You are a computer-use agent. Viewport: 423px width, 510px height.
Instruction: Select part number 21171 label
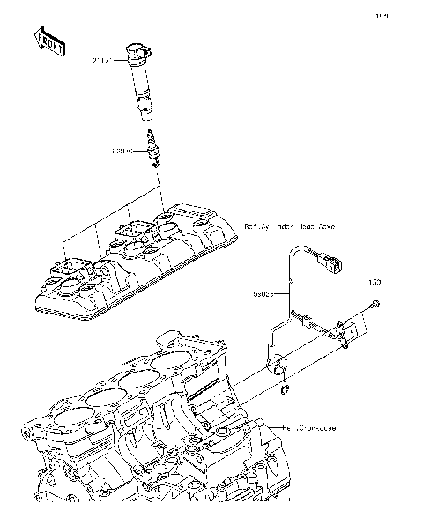point(103,61)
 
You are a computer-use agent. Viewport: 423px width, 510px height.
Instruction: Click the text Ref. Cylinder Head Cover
point(291,226)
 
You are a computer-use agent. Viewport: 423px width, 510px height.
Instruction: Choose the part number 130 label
point(374,283)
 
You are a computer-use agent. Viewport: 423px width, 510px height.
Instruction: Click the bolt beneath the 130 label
point(375,304)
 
